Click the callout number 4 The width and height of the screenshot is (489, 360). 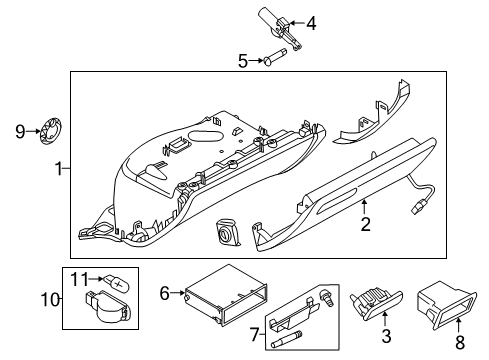[x=311, y=23]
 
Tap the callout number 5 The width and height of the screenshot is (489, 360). [x=243, y=61]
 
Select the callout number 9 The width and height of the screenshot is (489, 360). [x=20, y=131]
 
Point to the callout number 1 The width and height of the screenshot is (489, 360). [x=59, y=169]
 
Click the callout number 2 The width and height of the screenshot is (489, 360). [x=366, y=224]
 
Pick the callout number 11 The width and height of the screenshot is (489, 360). [x=80, y=279]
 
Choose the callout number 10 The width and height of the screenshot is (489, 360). [x=50, y=299]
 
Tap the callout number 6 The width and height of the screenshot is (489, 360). [x=165, y=293]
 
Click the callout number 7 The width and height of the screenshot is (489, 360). [x=254, y=334]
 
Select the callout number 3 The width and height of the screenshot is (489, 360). [x=386, y=336]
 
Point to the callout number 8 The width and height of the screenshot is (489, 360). [x=460, y=342]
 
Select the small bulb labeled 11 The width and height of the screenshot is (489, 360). [x=117, y=282]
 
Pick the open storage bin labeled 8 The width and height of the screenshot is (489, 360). [x=447, y=305]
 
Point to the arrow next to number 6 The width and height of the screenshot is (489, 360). [x=178, y=293]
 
